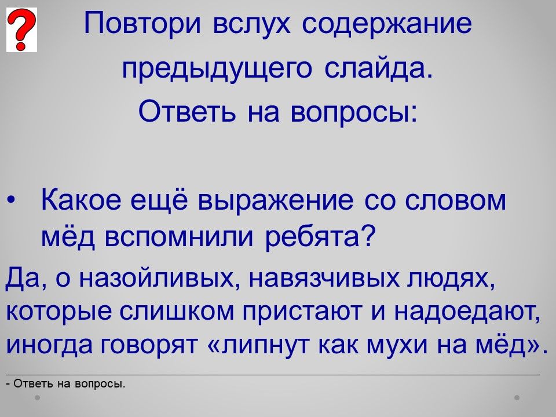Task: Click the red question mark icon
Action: click(x=21, y=30)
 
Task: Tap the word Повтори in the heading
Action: click(x=142, y=24)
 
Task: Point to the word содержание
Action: click(x=387, y=24)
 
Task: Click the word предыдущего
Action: click(x=217, y=68)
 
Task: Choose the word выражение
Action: click(x=276, y=202)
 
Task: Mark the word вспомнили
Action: click(x=180, y=237)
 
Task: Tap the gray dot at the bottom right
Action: click(x=517, y=397)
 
